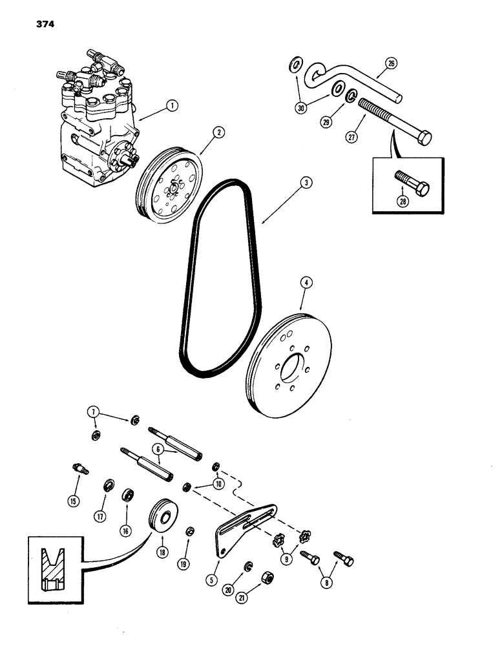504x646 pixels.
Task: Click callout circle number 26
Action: click(391, 63)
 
